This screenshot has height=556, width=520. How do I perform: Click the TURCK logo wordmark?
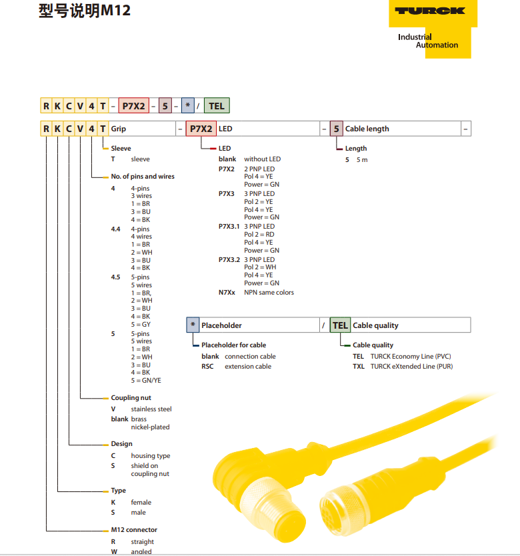430,11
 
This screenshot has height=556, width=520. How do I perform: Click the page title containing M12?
85,11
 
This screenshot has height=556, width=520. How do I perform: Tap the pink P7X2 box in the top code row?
134,106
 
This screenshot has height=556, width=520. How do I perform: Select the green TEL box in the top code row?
217,106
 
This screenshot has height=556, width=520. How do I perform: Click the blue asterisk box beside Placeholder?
193,325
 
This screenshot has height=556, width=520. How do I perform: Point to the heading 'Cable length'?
367,129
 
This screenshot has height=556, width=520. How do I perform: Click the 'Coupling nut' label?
131,398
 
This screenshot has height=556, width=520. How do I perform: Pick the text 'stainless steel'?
151,409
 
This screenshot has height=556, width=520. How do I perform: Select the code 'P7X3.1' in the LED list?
229,226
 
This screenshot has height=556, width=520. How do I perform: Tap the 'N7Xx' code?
227,293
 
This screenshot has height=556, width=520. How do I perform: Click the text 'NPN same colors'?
269,293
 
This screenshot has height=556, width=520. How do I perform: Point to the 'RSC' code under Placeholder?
207,366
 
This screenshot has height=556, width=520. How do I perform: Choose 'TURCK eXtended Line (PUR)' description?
411,366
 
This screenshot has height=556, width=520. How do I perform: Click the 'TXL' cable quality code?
358,366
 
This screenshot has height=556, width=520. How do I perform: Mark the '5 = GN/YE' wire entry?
146,381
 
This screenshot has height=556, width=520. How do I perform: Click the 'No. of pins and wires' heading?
143,176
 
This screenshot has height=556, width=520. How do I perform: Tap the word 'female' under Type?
141,503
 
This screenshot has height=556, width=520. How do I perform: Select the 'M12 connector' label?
134,530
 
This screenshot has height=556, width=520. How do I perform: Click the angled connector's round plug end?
288,525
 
